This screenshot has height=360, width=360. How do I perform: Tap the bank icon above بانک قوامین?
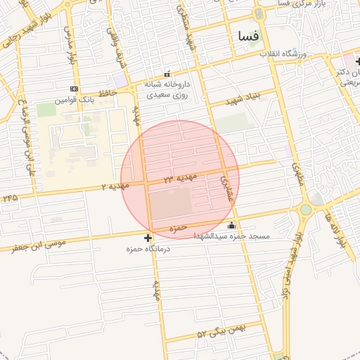tap(74, 89)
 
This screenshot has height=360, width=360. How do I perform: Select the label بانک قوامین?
tap(77, 100)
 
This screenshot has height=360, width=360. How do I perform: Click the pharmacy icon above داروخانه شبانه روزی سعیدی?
tap(167, 74)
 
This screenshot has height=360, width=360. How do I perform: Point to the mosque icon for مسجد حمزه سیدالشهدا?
tap(232, 226)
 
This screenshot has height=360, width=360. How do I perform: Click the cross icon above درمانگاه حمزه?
tap(148, 238)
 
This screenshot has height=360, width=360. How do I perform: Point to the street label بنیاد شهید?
tap(243, 98)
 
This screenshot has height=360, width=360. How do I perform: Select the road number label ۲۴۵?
tap(10, 198)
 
